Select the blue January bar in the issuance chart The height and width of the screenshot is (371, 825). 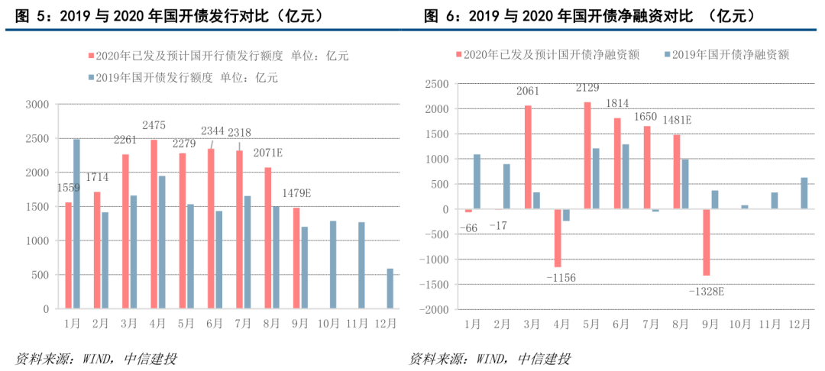tap(76, 224)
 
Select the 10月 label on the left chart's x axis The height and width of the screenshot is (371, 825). tap(329, 324)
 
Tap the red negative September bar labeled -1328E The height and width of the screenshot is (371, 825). tap(707, 242)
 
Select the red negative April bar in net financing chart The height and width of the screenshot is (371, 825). tap(558, 238)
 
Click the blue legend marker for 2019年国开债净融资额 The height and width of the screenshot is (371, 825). tap(668, 54)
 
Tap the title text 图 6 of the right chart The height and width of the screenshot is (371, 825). tap(438, 15)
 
